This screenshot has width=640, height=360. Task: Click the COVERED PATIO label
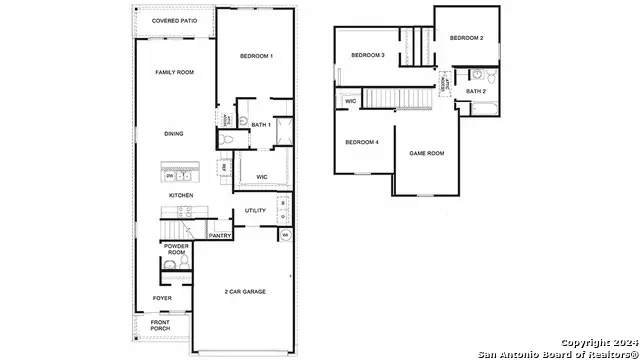[173, 21]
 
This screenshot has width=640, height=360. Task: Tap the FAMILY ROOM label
[173, 73]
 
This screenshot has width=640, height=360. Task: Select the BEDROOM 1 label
[257, 56]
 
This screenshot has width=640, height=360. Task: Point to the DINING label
[174, 134]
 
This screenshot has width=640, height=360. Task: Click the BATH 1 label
[260, 125]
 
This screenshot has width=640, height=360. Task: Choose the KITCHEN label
[180, 195]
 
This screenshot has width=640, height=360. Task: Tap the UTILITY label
[254, 211]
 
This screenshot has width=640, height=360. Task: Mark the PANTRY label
[220, 236]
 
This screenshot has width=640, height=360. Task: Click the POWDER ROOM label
[176, 250]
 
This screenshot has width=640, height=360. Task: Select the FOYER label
[161, 298]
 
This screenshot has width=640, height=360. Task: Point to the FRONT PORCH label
[161, 325]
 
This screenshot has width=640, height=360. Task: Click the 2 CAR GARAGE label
[246, 292]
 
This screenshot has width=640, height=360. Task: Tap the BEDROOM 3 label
[368, 55]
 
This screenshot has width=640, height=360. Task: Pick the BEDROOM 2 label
[466, 38]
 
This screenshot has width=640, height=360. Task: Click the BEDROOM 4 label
[362, 142]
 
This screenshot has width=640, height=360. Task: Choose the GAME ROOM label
[426, 153]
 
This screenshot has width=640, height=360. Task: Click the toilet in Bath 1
[228, 139]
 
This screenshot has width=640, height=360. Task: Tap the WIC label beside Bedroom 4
[351, 101]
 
